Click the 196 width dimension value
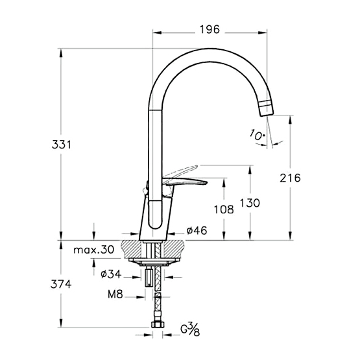tap(210, 30)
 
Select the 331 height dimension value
tap(62, 145)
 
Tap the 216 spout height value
tap(290, 178)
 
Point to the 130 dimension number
tap(250, 203)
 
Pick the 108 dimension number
tap(224, 210)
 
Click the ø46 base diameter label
tap(197, 230)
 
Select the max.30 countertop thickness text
tap(93, 249)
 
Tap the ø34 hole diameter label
tap(111, 274)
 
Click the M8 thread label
tap(115, 294)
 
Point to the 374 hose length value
tap(61, 285)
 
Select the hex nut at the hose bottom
tap(158, 324)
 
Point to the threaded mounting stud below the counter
tap(149, 278)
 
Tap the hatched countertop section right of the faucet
tap(174, 249)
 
